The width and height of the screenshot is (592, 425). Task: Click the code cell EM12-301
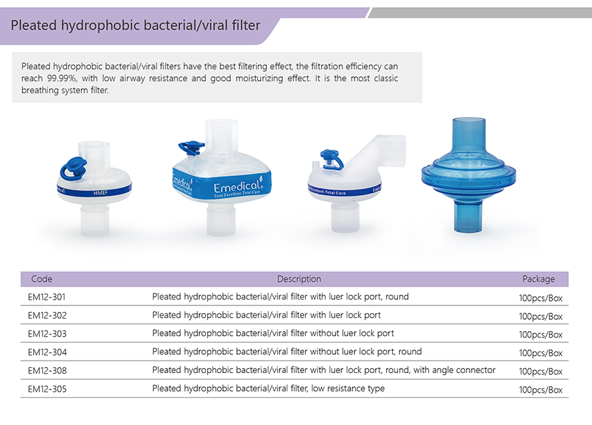click(47, 297)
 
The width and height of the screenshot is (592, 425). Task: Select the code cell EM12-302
click(47, 316)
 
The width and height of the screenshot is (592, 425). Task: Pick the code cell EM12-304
click(47, 353)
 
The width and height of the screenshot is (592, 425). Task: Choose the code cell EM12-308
click(47, 371)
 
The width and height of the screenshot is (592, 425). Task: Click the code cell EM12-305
click(47, 389)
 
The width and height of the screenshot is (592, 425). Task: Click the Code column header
click(41, 279)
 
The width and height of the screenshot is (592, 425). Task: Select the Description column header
click(299, 279)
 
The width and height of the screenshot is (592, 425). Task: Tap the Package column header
click(538, 279)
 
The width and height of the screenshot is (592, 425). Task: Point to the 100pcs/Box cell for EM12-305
click(541, 390)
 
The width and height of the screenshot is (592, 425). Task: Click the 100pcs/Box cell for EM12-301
click(541, 298)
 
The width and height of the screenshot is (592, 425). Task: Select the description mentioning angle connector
click(324, 370)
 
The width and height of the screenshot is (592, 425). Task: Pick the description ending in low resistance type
click(268, 389)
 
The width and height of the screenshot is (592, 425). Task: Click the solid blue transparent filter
click(468, 175)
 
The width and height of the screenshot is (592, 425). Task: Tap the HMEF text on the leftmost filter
click(101, 193)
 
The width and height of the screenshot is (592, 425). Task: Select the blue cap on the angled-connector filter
click(332, 159)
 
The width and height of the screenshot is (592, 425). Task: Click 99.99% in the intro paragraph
click(62, 78)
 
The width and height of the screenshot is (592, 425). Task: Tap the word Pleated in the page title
click(34, 26)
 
